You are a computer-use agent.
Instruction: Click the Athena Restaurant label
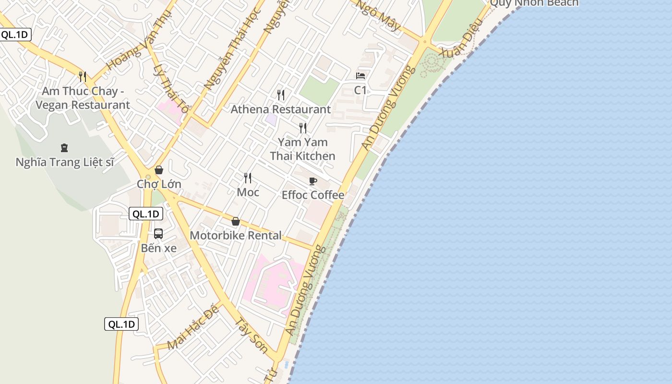tap(281, 109)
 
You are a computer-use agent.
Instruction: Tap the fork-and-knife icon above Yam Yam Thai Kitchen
tap(303, 128)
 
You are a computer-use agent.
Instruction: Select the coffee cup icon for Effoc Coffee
tap(313, 181)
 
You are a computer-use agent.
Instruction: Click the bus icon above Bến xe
tap(158, 234)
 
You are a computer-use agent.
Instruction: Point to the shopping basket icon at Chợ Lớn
tap(159, 170)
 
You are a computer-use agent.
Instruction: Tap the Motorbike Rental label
tap(236, 236)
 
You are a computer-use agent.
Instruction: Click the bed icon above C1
tap(360, 76)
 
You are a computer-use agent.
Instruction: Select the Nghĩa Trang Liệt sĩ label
tap(65, 162)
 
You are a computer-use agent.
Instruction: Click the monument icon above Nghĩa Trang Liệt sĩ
tap(64, 148)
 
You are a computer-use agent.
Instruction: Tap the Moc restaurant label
tap(248, 192)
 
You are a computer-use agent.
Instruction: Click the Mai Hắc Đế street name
tap(193, 327)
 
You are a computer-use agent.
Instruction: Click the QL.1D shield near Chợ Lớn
tap(146, 214)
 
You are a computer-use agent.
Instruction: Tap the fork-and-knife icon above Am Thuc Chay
tap(83, 76)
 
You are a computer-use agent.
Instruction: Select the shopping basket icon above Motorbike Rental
tap(236, 221)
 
